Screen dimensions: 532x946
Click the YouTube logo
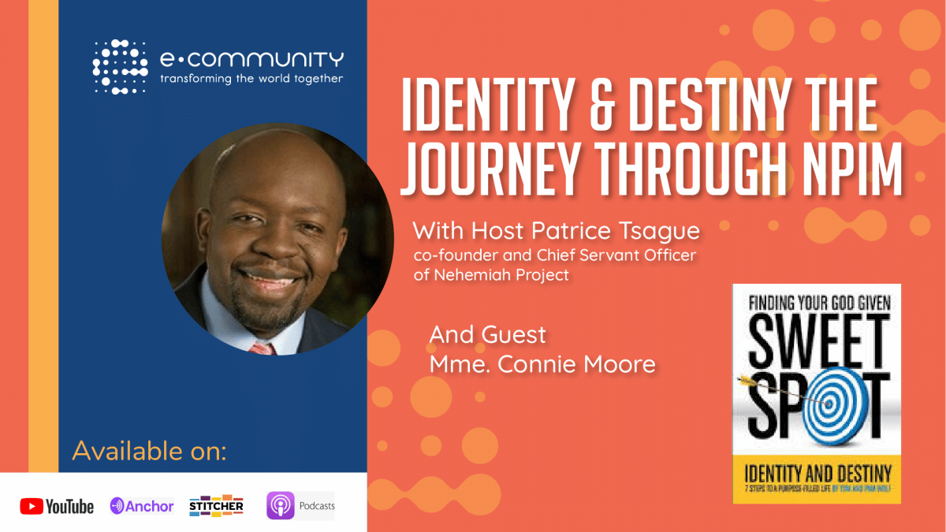[57, 506]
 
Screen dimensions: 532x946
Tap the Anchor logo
[142, 506]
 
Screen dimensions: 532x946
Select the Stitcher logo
[216, 505]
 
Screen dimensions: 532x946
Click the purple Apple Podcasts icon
[280, 505]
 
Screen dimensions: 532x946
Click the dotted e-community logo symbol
[120, 67]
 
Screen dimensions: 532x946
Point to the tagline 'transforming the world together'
[251, 79]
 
